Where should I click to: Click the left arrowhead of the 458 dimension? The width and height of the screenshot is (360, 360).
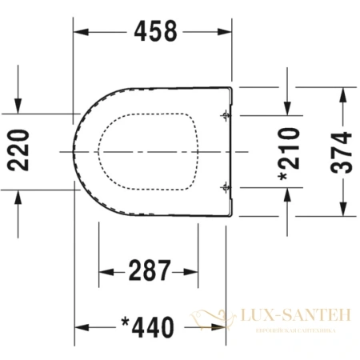pyautogui.click(x=80, y=32)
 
